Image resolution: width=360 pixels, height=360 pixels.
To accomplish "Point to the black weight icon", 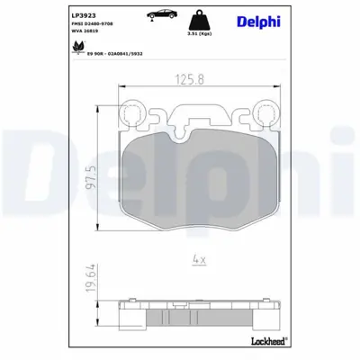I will pos(213,20).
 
